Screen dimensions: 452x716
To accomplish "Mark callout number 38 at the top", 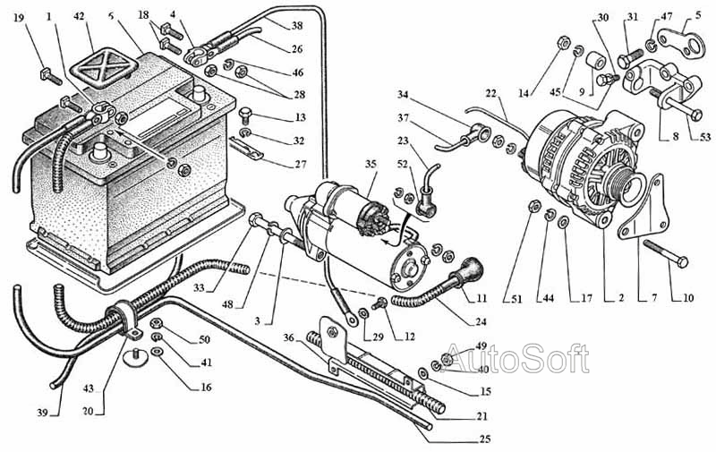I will click(296, 26).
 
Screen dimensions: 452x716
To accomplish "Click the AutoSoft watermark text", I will click(516, 359).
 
